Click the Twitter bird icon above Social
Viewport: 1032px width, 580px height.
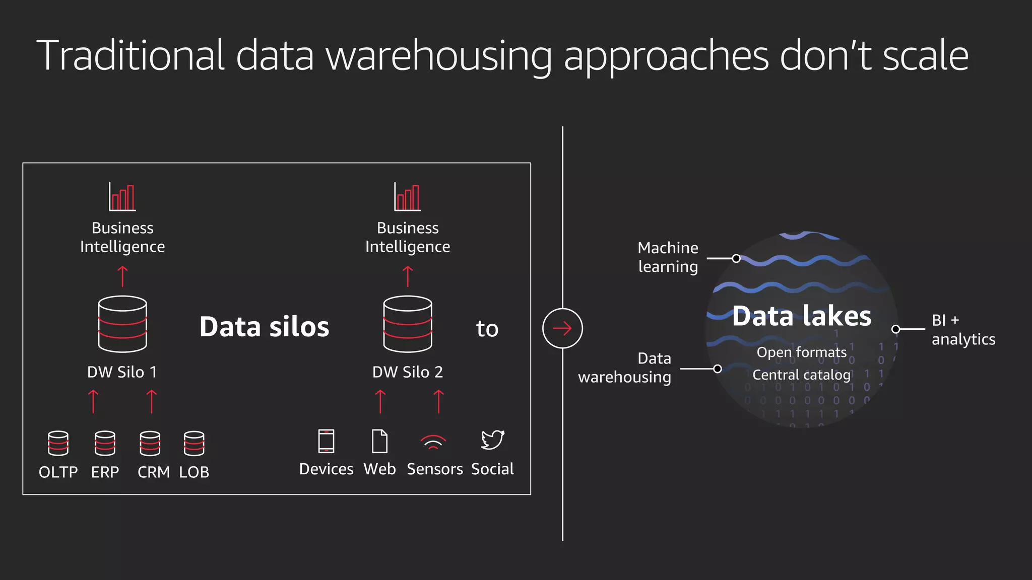[492, 440]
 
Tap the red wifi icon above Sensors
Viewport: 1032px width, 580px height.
[433, 442]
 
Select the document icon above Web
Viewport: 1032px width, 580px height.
[379, 441]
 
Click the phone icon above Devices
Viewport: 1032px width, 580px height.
[326, 441]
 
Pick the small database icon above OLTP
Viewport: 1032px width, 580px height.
[58, 443]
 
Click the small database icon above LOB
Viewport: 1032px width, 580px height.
[194, 443]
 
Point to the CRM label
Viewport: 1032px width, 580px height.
[154, 472]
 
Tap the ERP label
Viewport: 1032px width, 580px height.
[105, 472]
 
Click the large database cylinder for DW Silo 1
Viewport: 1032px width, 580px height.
[122, 324]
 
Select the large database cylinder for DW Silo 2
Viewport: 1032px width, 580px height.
[408, 324]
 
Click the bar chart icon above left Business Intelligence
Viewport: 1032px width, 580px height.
[122, 196]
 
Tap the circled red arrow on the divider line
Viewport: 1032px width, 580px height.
[562, 328]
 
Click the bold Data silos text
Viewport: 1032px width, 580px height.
[264, 327]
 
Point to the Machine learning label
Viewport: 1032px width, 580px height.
[668, 257]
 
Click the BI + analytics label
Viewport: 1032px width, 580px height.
[962, 330]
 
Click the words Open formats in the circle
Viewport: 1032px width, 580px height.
[801, 352]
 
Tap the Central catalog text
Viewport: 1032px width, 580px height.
[801, 375]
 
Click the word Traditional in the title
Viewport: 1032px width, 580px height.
[130, 55]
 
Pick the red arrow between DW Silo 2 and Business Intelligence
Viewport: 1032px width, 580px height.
[408, 276]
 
